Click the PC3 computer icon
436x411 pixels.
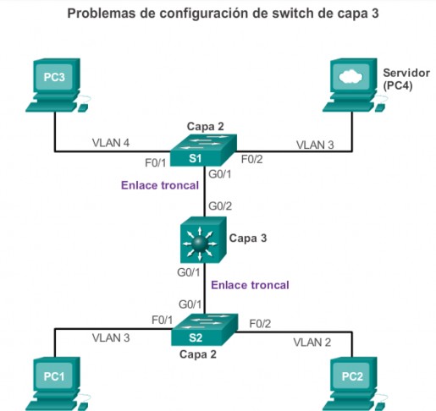57,85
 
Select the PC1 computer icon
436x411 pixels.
57,383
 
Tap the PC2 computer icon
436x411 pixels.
355,383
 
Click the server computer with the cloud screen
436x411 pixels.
355,85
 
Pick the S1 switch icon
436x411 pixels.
203,150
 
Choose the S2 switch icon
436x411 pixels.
204,330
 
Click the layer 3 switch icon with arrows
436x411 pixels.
203,240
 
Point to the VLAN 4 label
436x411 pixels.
111,143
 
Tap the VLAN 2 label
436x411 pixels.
312,342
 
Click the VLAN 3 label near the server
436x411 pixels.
315,145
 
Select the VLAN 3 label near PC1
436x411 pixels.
111,338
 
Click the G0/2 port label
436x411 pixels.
220,206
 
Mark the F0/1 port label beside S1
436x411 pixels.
155,162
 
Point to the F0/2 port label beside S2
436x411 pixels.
260,324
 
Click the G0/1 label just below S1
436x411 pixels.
220,174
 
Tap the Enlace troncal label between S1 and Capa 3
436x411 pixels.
160,185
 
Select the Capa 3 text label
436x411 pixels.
248,238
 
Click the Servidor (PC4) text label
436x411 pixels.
406,79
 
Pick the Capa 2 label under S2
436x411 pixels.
198,354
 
